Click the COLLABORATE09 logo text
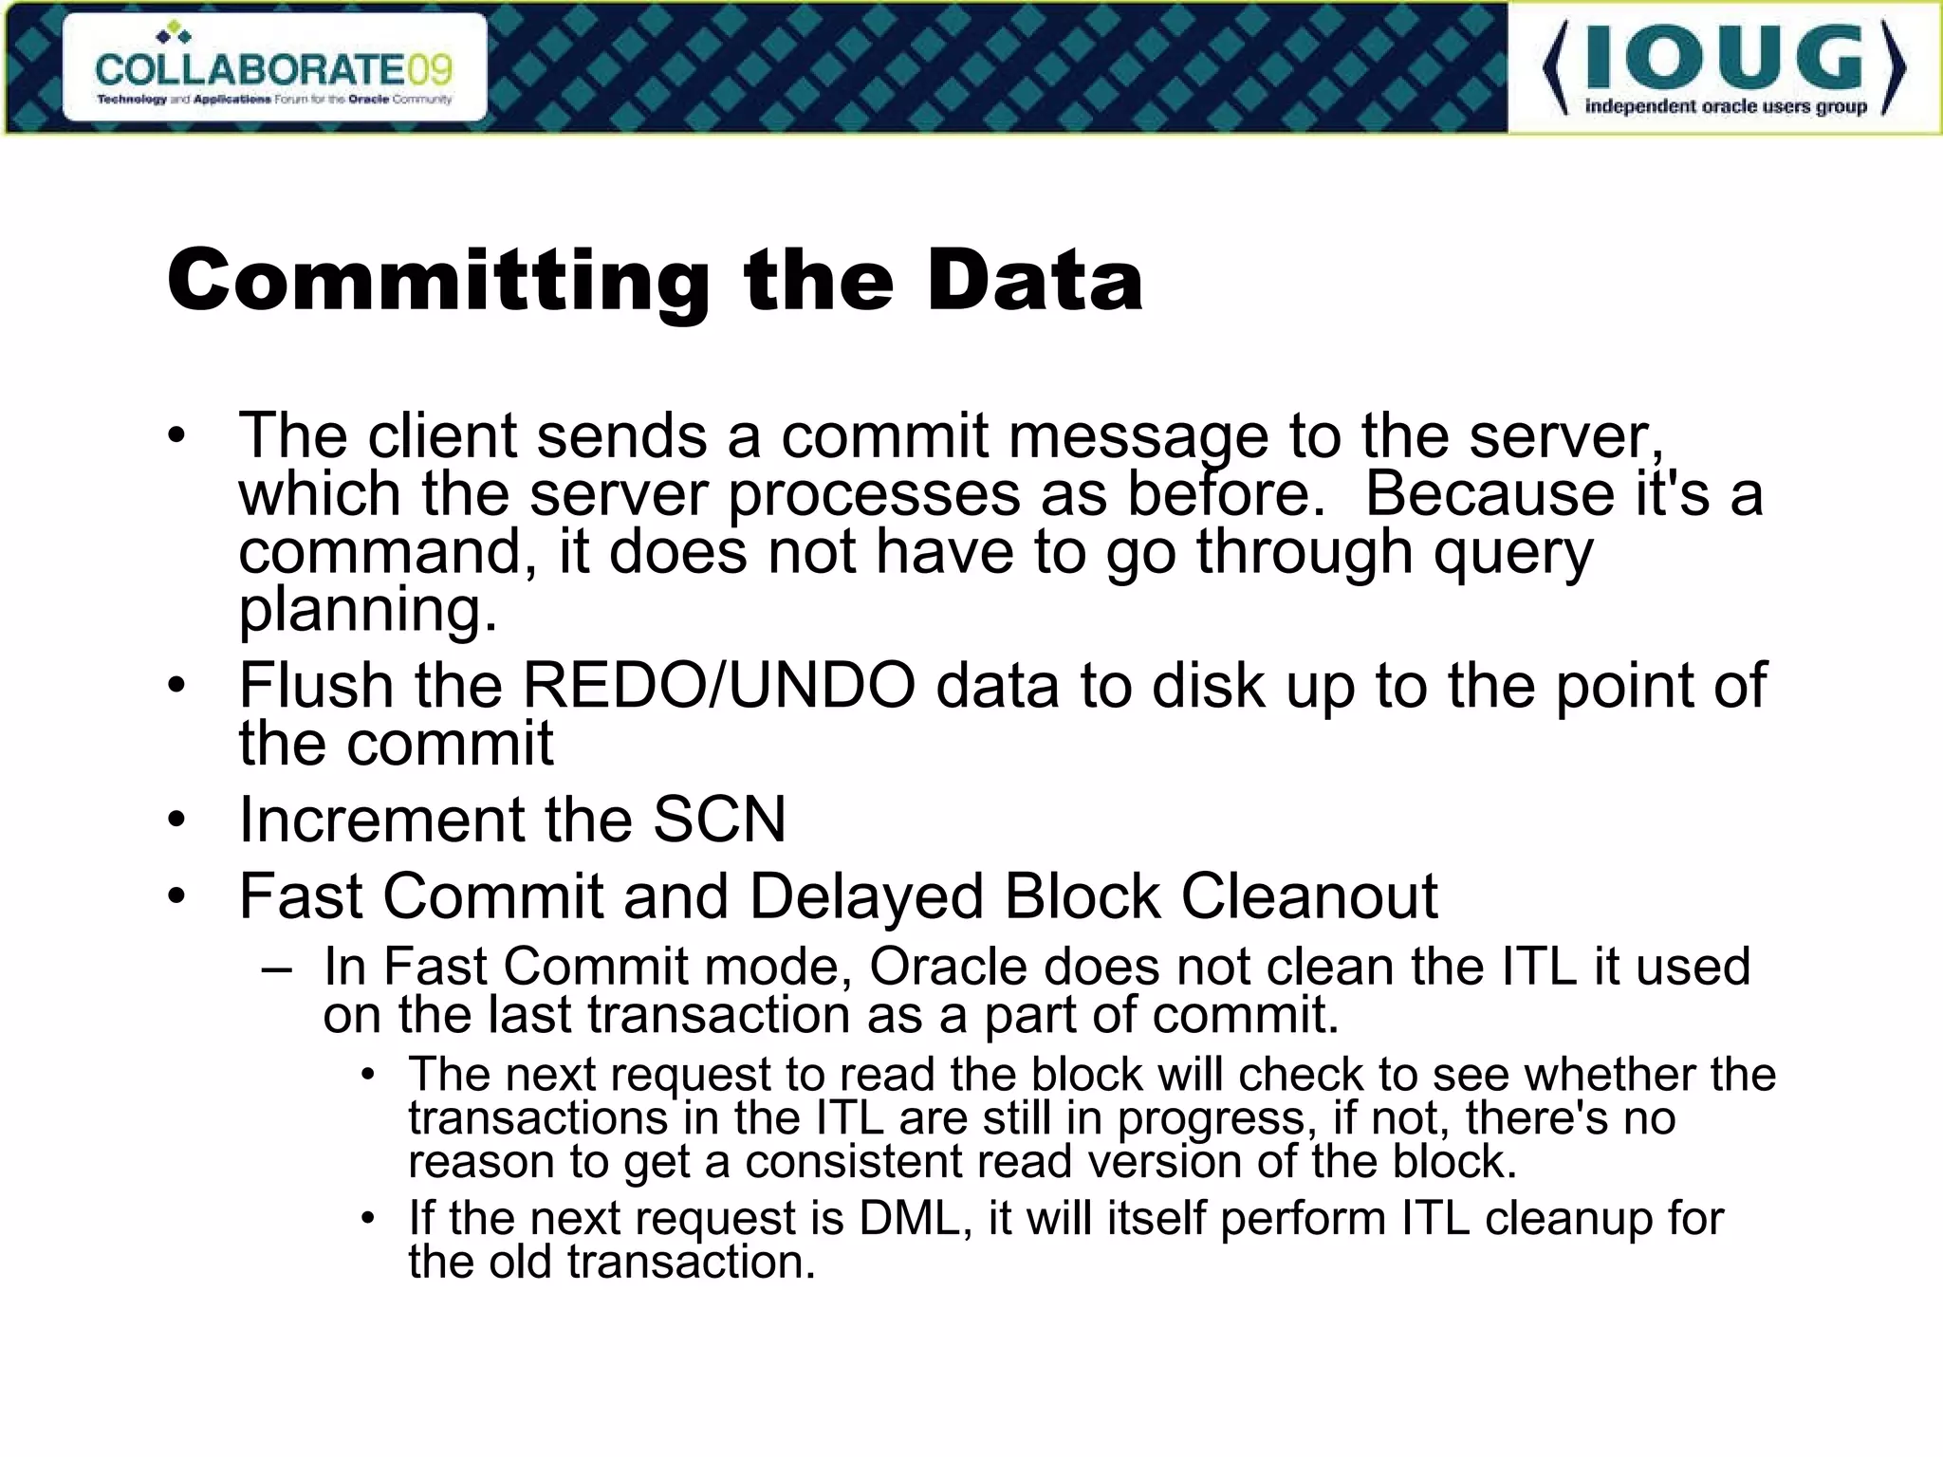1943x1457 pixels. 273,68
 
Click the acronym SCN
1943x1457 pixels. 719,819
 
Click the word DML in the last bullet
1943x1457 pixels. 915,1218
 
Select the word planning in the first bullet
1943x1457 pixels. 367,610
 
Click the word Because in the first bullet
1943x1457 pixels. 1489,494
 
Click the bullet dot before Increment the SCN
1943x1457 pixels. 176,820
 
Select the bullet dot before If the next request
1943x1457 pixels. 368,1218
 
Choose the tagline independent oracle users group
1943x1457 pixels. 1726,107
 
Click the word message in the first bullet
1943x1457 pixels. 1138,436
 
